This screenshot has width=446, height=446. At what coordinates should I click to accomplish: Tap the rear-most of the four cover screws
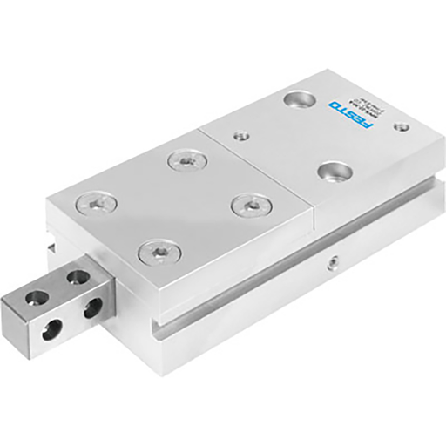point(186,159)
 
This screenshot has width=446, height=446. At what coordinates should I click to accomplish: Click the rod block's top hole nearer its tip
point(38,297)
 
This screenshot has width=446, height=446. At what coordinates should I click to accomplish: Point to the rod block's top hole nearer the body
point(78,278)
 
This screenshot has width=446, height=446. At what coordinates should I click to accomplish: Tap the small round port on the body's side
point(334,260)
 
